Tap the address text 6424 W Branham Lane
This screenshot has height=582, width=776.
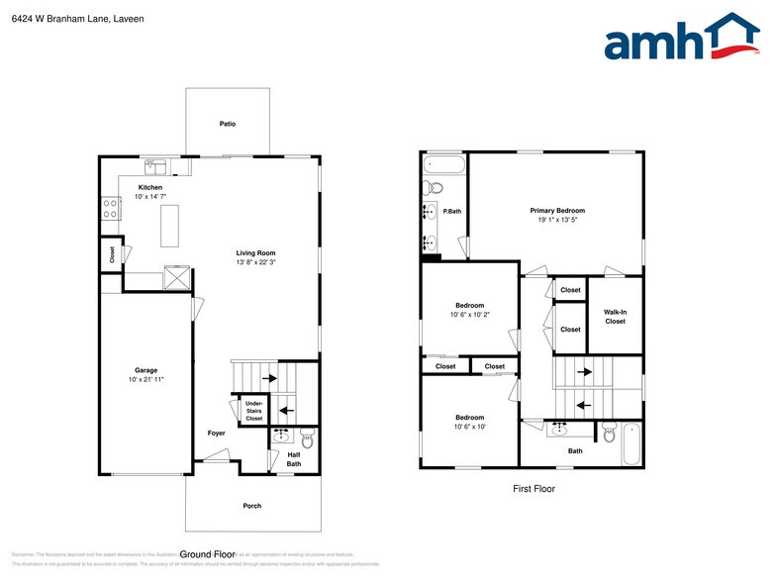(58, 19)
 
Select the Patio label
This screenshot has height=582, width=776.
(228, 124)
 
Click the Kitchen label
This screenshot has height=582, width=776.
(150, 187)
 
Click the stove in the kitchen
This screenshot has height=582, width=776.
(109, 208)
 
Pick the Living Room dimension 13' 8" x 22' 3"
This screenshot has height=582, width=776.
(255, 262)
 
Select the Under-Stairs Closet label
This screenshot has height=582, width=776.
(254, 411)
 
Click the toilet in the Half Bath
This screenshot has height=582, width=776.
(307, 438)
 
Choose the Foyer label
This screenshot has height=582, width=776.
(216, 434)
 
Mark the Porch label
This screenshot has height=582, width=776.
(252, 506)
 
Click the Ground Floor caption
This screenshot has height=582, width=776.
(208, 554)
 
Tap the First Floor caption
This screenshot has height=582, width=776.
(533, 489)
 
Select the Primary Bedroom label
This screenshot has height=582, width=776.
(557, 210)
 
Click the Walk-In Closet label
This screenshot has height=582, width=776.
(615, 317)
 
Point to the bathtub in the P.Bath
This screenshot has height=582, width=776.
(442, 164)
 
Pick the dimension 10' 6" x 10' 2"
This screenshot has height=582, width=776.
(470, 315)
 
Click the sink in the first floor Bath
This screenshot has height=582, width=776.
(559, 429)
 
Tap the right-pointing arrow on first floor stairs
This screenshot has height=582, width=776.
(584, 372)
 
